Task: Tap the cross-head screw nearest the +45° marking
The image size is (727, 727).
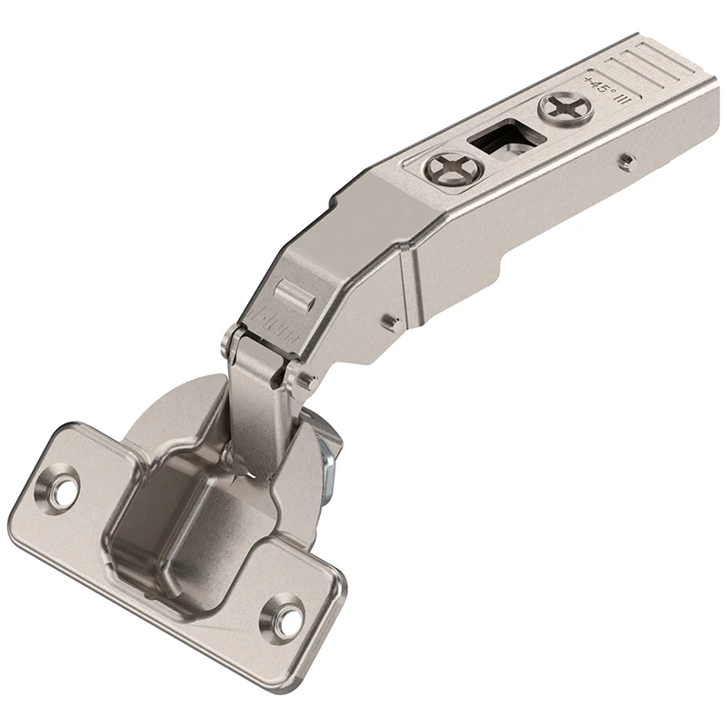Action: [565, 109]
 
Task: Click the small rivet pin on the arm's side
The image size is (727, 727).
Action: [626, 163]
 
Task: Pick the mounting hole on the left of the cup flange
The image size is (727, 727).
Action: [61, 486]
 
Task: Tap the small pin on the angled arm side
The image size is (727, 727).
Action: [389, 320]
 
